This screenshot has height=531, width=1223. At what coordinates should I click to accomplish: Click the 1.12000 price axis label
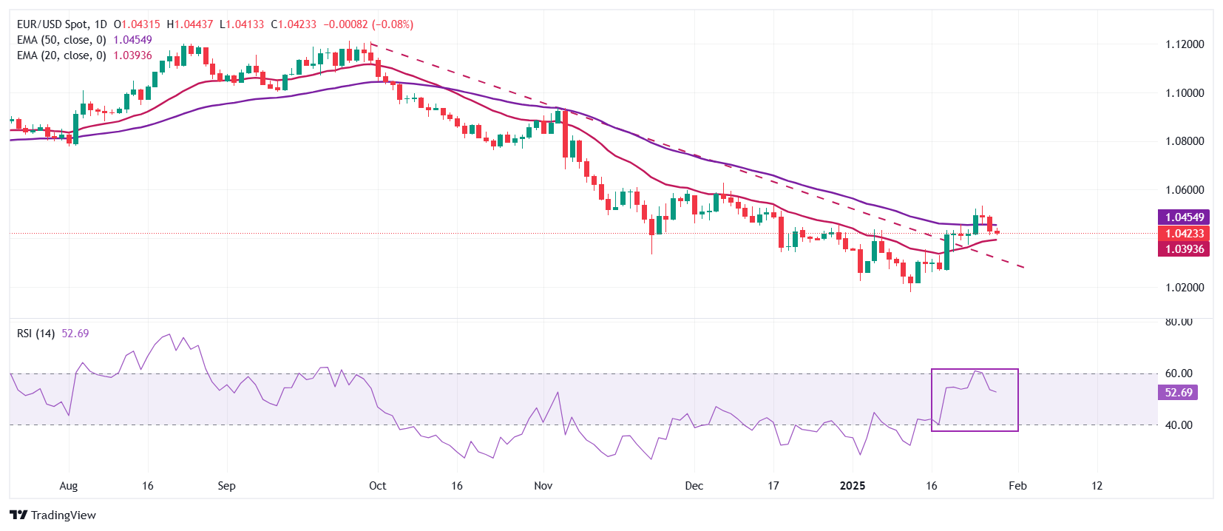pyautogui.click(x=1185, y=44)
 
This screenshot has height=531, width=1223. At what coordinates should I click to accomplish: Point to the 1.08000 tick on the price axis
pyautogui.click(x=1185, y=141)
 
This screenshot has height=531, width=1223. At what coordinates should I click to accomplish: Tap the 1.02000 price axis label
pyautogui.click(x=1185, y=287)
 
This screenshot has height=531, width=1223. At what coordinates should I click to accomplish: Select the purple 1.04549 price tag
pyautogui.click(x=1184, y=217)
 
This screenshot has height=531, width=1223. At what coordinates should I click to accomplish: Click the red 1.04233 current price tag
pyautogui.click(x=1184, y=234)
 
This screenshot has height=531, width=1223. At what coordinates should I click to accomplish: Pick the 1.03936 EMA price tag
pyautogui.click(x=1184, y=249)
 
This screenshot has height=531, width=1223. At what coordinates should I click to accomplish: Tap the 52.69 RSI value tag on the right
pyautogui.click(x=1178, y=393)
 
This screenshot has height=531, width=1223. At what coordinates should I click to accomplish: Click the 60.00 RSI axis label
pyautogui.click(x=1179, y=373)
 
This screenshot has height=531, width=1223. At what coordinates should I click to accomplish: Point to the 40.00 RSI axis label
pyautogui.click(x=1179, y=425)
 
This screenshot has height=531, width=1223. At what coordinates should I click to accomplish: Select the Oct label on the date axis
pyautogui.click(x=377, y=486)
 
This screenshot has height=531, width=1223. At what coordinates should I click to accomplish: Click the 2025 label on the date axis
pyautogui.click(x=853, y=486)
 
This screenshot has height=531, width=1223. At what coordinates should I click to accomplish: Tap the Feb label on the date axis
pyautogui.click(x=1017, y=486)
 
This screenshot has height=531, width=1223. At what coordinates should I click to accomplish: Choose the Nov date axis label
pyautogui.click(x=543, y=486)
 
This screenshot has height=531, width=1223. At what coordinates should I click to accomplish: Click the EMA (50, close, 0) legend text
pyautogui.click(x=61, y=40)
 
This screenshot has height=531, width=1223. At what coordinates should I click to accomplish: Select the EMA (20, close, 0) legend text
pyautogui.click(x=61, y=55)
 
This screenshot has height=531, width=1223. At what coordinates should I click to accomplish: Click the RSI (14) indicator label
pyautogui.click(x=35, y=334)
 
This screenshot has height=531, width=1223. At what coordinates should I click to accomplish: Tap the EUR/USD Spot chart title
pyautogui.click(x=61, y=24)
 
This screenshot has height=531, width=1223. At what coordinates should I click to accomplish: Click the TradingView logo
pyautogui.click(x=53, y=515)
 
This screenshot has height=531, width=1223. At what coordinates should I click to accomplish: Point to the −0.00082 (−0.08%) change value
pyautogui.click(x=368, y=24)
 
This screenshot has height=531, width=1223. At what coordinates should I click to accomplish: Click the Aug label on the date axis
pyautogui.click(x=68, y=486)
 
